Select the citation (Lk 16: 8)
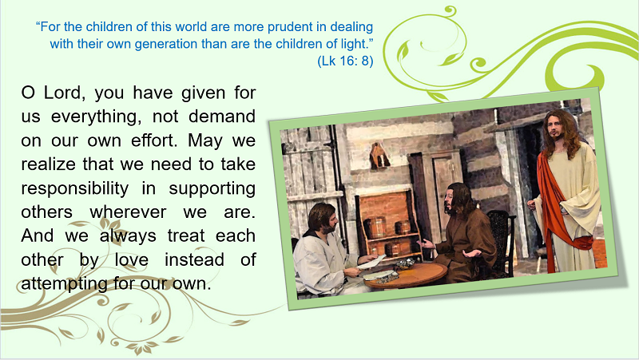coord(345,61)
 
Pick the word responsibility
coord(75,188)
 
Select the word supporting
coord(212,188)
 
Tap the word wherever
coord(128,212)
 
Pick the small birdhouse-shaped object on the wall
coord(379,156)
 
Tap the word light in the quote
coord(353,44)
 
